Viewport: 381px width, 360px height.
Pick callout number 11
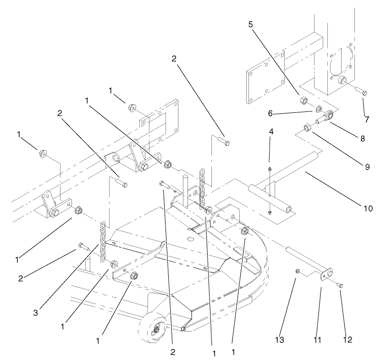click(x=317, y=340)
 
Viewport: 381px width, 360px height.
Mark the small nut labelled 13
click(x=297, y=272)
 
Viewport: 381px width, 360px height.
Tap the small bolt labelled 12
click(x=340, y=285)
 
